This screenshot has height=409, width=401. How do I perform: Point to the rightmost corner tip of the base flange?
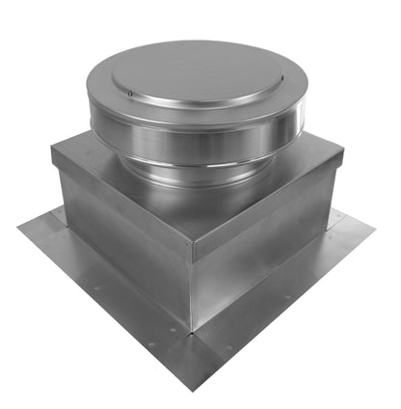click(x=374, y=231)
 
